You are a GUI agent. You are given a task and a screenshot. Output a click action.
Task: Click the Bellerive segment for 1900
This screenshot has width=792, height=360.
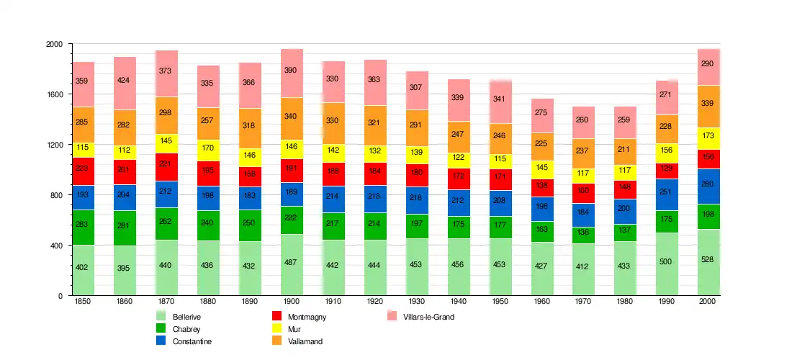click(292, 265)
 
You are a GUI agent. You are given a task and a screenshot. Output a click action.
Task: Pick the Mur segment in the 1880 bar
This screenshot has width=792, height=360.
click(208, 150)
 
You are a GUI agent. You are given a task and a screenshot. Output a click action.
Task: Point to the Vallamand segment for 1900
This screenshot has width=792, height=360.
click(292, 119)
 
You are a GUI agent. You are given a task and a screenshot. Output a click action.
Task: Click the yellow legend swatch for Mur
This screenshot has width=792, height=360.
click(276, 329)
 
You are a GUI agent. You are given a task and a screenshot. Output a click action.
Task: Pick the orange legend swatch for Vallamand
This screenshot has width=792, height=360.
click(276, 341)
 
